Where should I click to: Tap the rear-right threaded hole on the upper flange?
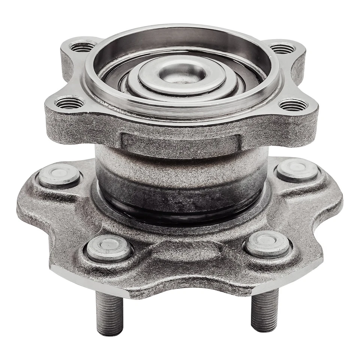[x=282, y=48]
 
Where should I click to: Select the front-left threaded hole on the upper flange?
[x=70, y=102]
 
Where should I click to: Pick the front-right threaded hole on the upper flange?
[x=293, y=105]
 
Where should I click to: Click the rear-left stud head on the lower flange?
[x=59, y=175]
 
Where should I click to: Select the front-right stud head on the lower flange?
[x=267, y=244]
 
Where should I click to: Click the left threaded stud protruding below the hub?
[x=109, y=313]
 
